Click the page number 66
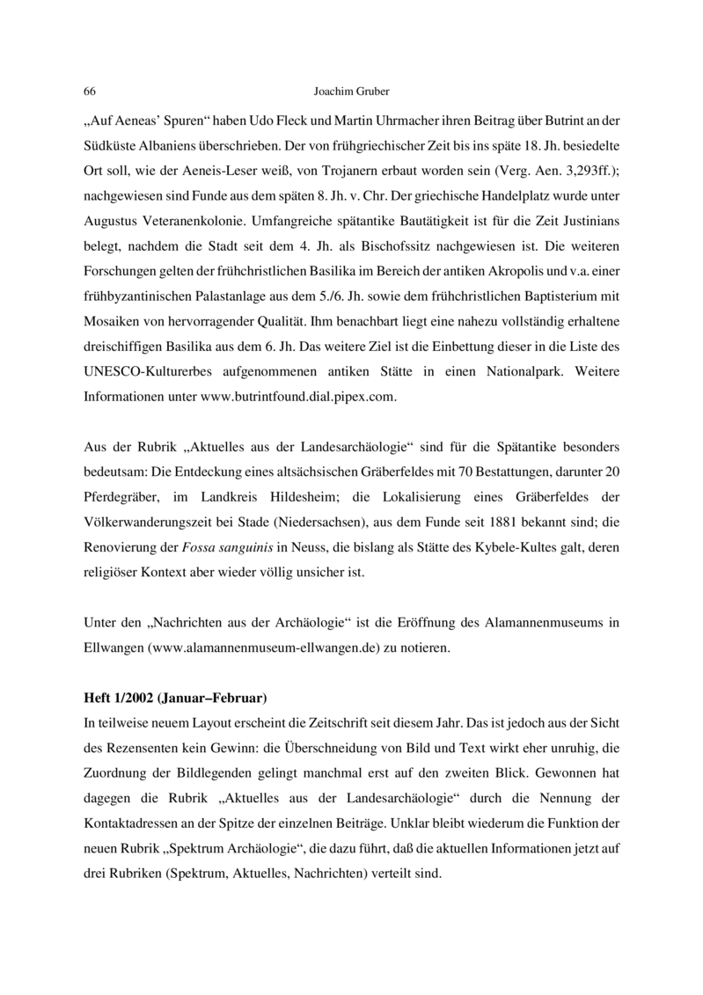tap(89, 91)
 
